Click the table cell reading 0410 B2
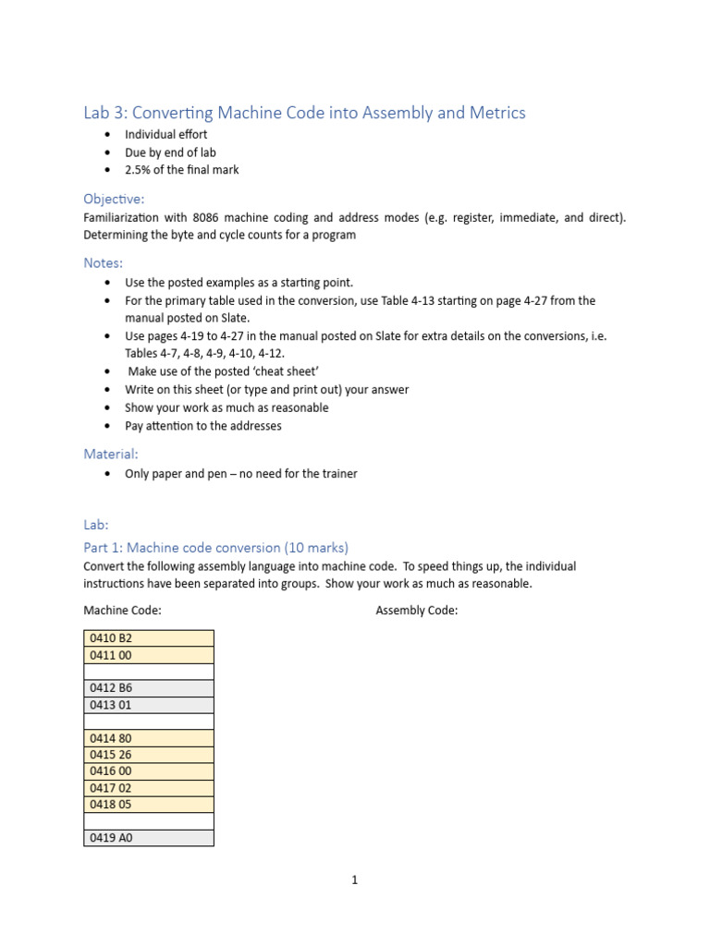coord(148,638)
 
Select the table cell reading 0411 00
coord(148,655)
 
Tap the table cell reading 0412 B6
coord(148,688)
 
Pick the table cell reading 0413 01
coord(148,705)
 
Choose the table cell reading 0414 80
coord(148,738)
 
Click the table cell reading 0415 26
coord(148,755)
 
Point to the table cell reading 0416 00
coord(148,771)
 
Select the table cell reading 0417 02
coord(148,788)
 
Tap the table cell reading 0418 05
coord(148,805)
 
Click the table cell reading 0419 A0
coord(148,838)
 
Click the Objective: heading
coord(114,199)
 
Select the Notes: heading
coord(103,262)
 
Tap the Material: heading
coord(111,454)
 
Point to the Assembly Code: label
coord(416,611)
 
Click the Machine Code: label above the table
coord(122,611)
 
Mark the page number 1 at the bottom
coord(354,880)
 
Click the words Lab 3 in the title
coord(104,113)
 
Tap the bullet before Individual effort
coord(109,135)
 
